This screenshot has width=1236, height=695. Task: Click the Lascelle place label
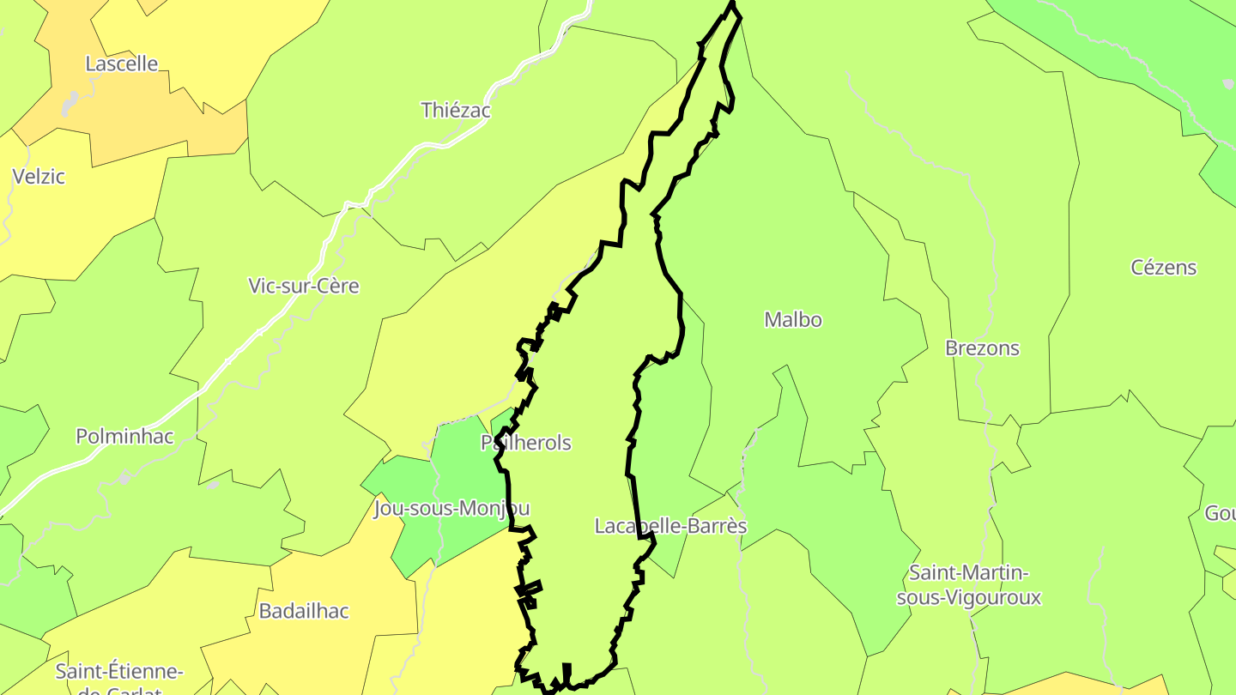[x=122, y=63]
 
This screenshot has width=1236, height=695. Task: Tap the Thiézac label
[x=455, y=110]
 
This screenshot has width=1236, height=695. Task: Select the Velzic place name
[x=39, y=177]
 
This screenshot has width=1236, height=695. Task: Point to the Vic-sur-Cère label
[x=303, y=286]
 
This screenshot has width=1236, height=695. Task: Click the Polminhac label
[x=124, y=436]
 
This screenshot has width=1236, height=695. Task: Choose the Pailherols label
[x=526, y=443]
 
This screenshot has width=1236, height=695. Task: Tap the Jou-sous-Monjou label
[x=451, y=509]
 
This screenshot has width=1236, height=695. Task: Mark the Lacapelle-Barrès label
[x=670, y=526]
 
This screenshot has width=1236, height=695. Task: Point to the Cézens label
[x=1163, y=268]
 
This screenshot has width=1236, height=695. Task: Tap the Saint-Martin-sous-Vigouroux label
[x=969, y=584]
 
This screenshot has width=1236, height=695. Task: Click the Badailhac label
[x=304, y=611]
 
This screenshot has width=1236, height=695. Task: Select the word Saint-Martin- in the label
[x=969, y=572]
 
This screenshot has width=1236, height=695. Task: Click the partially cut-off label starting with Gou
[x=1220, y=513]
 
